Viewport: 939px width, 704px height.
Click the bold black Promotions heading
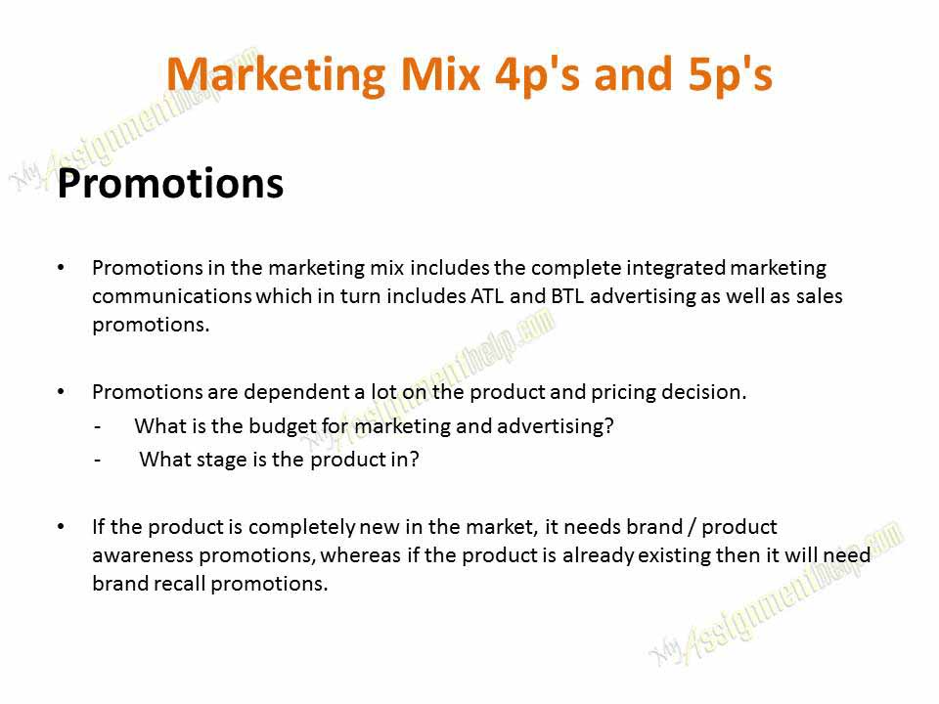pyautogui.click(x=170, y=184)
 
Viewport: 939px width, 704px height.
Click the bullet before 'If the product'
pyautogui.click(x=62, y=527)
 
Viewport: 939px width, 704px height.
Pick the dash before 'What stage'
pyautogui.click(x=98, y=461)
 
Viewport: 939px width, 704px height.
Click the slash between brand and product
pyautogui.click(x=693, y=527)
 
